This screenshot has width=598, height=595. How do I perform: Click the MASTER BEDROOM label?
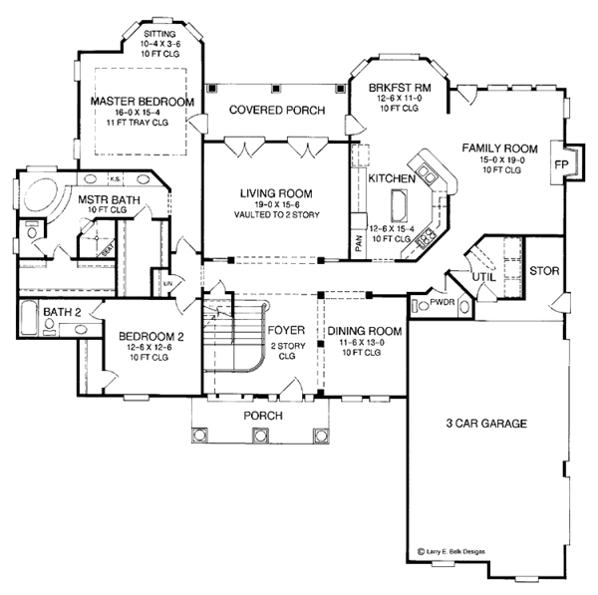coord(141,101)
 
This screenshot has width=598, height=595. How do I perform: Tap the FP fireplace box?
coord(561,164)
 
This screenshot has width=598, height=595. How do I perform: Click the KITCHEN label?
coord(386,178)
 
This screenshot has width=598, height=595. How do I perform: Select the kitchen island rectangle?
coord(402,206)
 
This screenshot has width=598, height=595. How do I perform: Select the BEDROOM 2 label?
coord(150,336)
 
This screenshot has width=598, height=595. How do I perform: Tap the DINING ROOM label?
coord(364,331)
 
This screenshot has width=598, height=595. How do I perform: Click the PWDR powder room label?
coord(442,299)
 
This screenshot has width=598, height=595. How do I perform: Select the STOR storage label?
coord(544,270)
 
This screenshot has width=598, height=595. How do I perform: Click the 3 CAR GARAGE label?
coord(486,423)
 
